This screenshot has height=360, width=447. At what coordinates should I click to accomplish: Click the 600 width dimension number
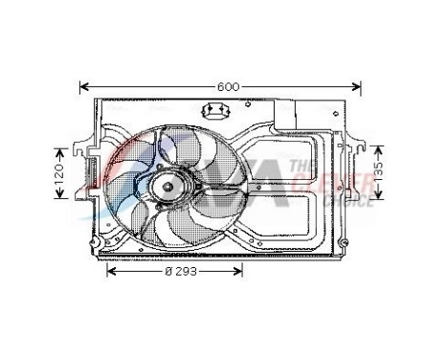[x=227, y=86]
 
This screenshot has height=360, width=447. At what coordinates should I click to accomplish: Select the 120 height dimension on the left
[x=58, y=173]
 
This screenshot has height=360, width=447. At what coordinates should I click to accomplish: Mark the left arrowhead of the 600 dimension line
[x=83, y=86]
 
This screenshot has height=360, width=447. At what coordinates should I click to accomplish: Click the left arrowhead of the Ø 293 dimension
[x=108, y=272]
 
